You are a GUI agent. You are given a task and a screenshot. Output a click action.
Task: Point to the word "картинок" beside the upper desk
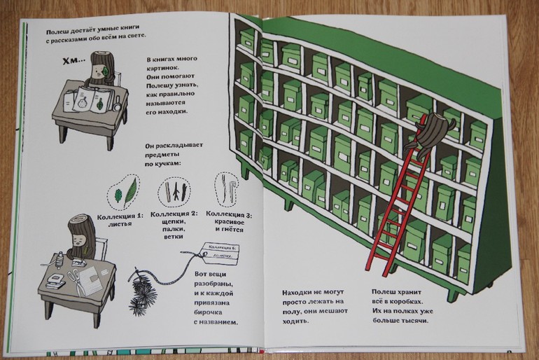[167, 71]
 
